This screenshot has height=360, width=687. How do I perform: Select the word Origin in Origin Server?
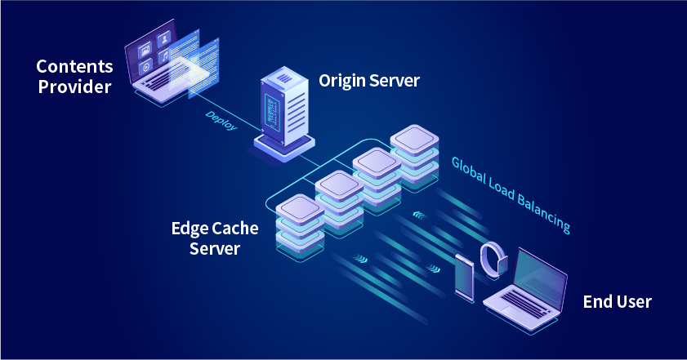point(343,81)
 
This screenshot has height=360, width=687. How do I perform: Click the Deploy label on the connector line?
point(221,121)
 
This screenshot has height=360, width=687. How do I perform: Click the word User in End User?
point(634,302)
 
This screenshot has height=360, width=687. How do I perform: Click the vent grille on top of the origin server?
point(286,79)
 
